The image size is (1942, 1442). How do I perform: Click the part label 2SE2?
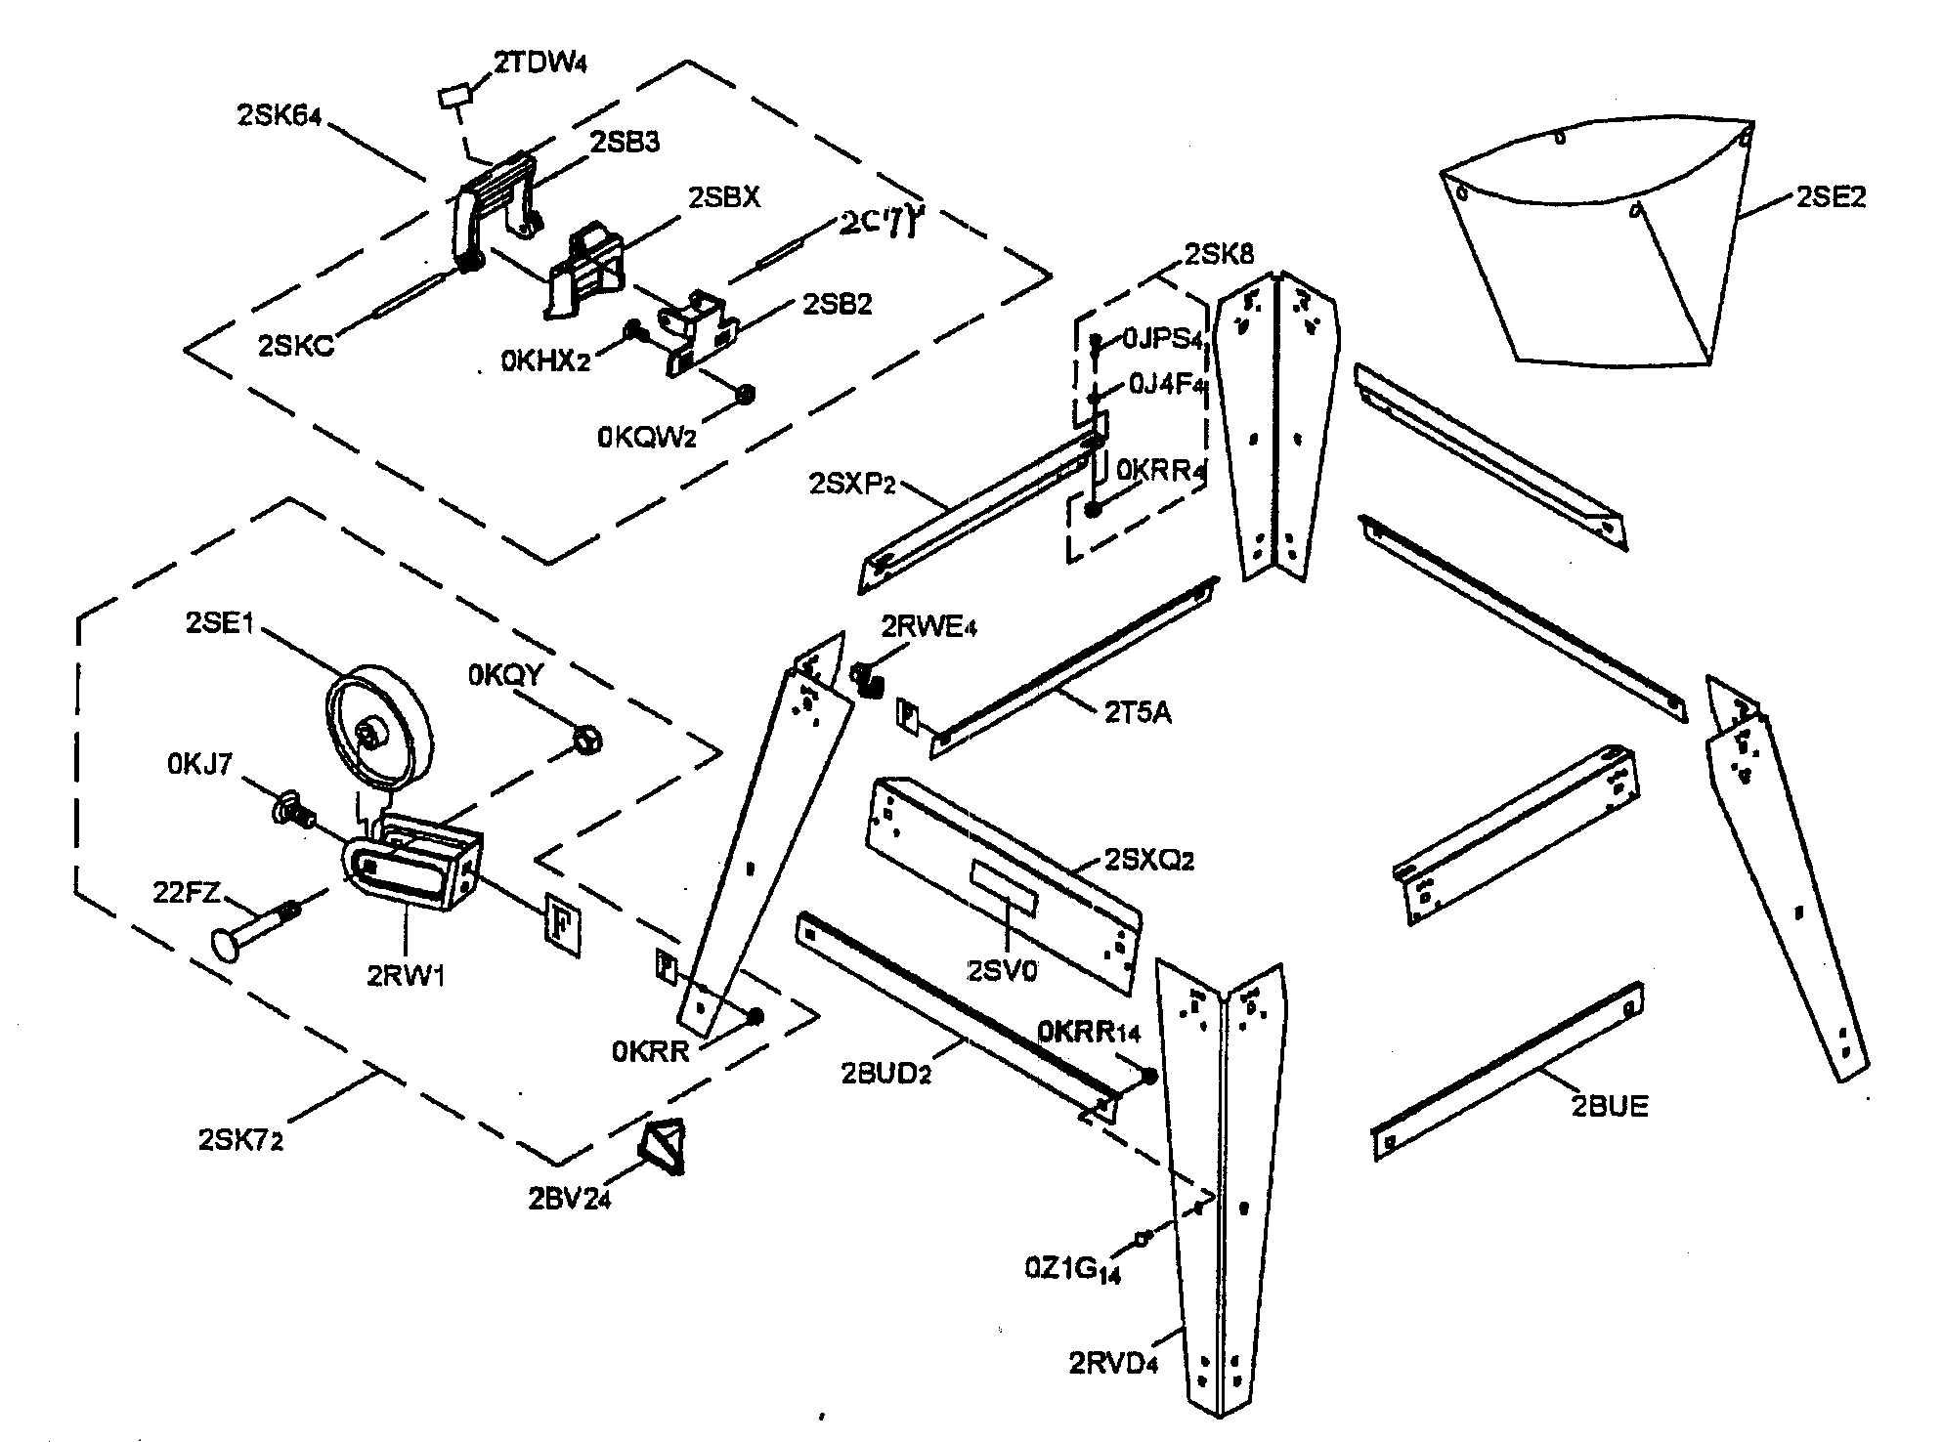1831,197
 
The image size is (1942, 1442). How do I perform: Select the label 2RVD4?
1112,1363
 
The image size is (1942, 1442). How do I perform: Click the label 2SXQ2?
1149,861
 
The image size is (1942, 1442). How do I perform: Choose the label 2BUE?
1609,1107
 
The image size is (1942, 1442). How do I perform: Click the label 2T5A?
1138,713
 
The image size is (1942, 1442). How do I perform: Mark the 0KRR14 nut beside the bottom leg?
1149,1076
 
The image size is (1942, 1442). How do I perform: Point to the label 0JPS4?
1160,339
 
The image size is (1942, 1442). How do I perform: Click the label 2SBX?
723,196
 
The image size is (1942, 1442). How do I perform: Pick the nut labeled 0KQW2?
745,395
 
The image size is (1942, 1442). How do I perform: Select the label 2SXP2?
852,483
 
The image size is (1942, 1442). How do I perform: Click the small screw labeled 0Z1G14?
1140,1238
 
